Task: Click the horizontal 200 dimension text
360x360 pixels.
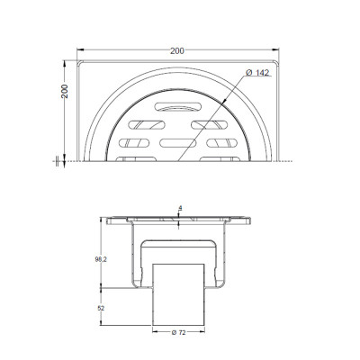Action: coord(177,51)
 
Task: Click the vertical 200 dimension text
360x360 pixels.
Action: coord(65,91)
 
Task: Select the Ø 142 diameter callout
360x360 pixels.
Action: coord(257,73)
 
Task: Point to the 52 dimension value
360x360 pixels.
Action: coord(101,308)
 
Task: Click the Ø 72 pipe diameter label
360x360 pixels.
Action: coord(178,333)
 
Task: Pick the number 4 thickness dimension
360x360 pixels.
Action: coord(180,208)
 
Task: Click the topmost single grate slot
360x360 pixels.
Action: coord(178,106)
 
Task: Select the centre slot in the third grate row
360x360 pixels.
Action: coord(178,143)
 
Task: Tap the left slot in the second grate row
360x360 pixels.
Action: coord(147,125)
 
